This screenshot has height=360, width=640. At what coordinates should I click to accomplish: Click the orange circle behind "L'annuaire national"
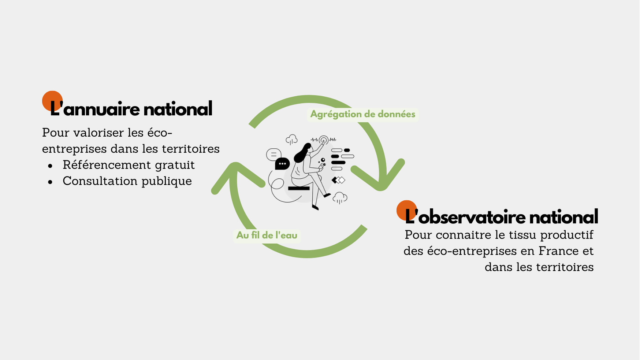point(52,101)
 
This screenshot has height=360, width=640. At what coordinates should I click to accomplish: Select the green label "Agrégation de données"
point(363,114)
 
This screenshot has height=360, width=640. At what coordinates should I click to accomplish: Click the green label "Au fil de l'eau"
point(267,235)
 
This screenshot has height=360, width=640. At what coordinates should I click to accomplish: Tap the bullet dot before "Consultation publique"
point(50,182)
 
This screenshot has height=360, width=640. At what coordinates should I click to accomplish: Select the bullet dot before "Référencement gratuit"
point(50,166)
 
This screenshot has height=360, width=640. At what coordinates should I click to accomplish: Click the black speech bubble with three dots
point(282,164)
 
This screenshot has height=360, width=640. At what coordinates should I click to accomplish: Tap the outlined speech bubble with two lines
point(274,155)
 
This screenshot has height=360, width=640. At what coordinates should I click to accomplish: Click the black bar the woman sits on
point(299,188)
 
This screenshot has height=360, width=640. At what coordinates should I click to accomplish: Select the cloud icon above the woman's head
point(291,139)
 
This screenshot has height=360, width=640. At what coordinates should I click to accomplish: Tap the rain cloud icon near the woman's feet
point(340,198)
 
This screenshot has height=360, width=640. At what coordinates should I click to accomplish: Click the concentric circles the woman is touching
point(324,140)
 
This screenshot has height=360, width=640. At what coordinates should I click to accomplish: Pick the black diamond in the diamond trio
point(335,180)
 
